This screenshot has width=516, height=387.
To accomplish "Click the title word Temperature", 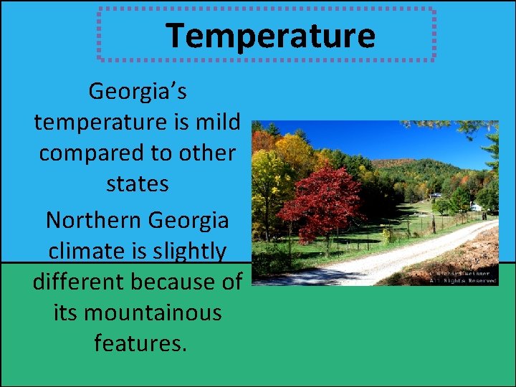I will click(x=270, y=35).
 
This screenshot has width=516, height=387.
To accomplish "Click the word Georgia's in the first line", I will click(x=138, y=91).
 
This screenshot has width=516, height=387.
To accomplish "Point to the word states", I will click(x=138, y=184).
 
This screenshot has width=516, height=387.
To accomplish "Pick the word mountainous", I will click(x=151, y=313).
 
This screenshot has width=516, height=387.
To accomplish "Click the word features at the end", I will click(x=140, y=344).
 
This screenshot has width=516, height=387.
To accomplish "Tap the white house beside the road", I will click(x=475, y=206).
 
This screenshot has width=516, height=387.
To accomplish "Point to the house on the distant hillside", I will click(x=436, y=194).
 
